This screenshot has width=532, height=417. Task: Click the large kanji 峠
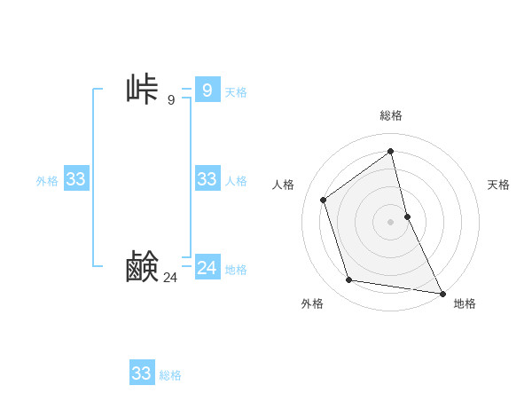[x=142, y=90]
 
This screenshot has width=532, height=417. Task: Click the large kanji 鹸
[x=142, y=267]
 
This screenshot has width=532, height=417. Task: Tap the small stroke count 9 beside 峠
[x=171, y=99]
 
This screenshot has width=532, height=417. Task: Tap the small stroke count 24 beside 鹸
[x=170, y=278]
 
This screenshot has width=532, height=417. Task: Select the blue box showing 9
[x=207, y=90]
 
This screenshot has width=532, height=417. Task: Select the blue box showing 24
[x=207, y=267]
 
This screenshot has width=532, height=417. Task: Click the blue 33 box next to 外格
[x=75, y=179]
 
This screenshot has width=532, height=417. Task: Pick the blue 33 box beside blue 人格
[x=207, y=179]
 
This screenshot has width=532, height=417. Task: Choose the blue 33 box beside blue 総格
[x=141, y=374]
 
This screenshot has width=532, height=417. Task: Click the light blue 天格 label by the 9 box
[x=236, y=91]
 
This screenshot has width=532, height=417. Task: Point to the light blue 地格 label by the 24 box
[x=236, y=270]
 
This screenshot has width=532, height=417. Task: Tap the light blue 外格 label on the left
[x=47, y=181]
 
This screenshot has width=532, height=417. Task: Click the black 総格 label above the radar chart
[x=391, y=115]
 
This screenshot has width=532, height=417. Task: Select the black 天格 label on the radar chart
[x=499, y=185]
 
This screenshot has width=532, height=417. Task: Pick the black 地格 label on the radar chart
[x=465, y=303]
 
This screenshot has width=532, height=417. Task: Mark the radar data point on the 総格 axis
[x=391, y=151]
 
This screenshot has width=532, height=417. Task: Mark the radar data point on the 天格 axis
[x=407, y=216]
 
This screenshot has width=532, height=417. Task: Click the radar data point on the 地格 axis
[x=442, y=292]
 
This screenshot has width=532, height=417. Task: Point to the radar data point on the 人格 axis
[x=324, y=200]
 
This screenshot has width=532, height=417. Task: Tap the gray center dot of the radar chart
[x=391, y=222]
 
